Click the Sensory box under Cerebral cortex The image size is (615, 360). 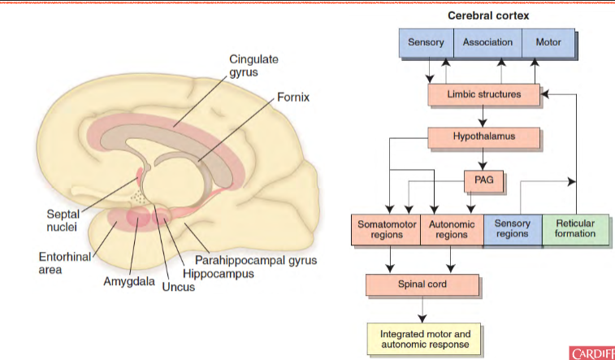click(425, 42)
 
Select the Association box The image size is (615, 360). click(487, 42)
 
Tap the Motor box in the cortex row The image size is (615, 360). click(548, 42)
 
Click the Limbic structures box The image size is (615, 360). click(484, 94)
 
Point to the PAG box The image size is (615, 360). click(484, 178)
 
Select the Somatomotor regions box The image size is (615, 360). click(386, 228)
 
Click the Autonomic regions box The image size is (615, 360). click(452, 228)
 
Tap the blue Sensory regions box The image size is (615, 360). click(513, 228)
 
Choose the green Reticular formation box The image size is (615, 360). click(574, 228)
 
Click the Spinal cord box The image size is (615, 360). click(422, 285)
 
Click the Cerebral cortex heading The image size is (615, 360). click(485, 15)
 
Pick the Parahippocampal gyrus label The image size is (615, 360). click(255, 261)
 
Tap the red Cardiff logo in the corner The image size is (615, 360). click(592, 353)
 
